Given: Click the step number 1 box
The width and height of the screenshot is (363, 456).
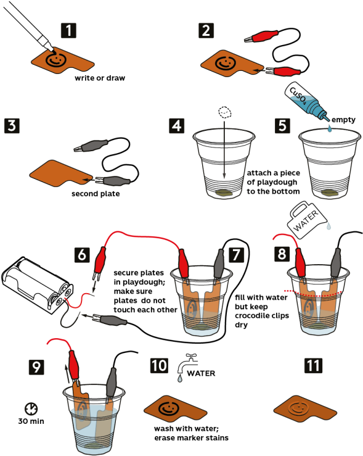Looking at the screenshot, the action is click(68, 30).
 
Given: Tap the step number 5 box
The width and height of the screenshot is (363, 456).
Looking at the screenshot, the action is click(282, 126).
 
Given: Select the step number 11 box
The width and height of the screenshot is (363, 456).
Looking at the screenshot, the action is click(313, 365).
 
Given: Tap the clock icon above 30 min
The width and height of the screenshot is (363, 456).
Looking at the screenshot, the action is click(31, 408).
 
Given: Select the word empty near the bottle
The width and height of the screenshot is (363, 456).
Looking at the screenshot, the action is click(343, 120).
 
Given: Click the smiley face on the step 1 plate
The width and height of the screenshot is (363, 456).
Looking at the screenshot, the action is click(55, 60).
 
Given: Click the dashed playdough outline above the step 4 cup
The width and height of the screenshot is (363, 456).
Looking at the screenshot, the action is click(226, 112).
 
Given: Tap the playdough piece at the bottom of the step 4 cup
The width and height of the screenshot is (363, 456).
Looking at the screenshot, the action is click(224, 193).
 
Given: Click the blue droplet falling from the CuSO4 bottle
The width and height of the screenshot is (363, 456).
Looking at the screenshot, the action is click(329, 128).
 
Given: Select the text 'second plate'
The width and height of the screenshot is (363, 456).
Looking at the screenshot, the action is click(96, 194).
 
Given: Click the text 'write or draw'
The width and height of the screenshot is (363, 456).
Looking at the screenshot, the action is click(100, 78).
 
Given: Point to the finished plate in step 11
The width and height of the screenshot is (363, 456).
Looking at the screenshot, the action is click(305, 410).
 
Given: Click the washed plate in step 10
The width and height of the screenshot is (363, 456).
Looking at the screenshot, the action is click(176, 410).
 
